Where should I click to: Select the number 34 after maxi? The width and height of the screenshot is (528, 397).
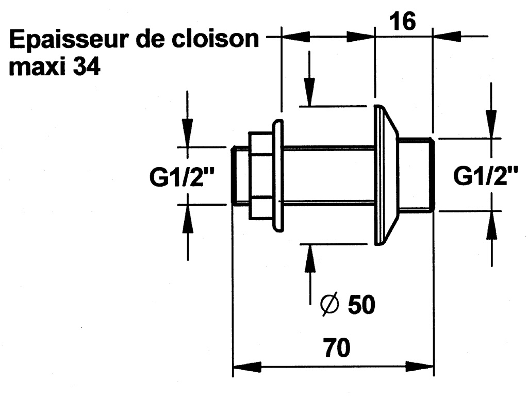[87, 68]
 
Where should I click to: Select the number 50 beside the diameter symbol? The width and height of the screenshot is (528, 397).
[361, 305]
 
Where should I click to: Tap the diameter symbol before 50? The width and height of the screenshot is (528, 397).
[329, 305]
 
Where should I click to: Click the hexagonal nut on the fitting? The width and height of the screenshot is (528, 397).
[261, 175]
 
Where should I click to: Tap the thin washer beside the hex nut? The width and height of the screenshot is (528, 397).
[278, 175]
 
